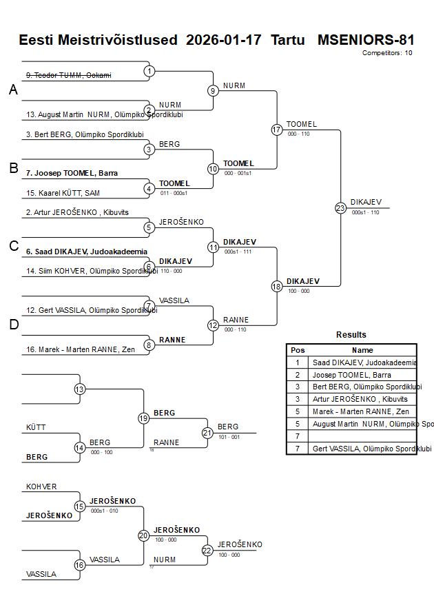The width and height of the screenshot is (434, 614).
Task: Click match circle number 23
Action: (340, 208)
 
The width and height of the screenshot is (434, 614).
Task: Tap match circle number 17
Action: (277, 130)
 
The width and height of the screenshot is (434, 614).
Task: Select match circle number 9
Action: (213, 90)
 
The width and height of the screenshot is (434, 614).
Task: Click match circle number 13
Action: (79, 389)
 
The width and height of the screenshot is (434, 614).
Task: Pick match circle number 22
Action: (207, 550)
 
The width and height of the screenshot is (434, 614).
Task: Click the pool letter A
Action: (13, 90)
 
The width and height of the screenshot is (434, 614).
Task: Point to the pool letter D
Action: (13, 325)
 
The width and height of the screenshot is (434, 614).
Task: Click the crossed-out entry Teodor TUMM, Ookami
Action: (68, 75)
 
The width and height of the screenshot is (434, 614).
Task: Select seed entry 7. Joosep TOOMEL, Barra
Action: (67, 173)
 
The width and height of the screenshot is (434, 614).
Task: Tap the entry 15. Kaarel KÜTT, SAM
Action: (63, 193)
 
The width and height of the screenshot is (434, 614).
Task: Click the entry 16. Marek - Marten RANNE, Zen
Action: (80, 349)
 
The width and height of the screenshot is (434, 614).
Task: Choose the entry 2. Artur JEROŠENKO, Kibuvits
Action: (77, 213)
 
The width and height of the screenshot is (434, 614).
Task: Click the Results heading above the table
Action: (351, 335)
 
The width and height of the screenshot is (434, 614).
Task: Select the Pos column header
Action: (298, 350)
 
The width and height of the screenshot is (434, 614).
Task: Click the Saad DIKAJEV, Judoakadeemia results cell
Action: (364, 362)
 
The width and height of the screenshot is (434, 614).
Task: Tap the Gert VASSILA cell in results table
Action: (364, 449)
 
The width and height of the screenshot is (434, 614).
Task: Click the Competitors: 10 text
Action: (387, 53)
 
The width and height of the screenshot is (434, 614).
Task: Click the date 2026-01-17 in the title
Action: (224, 40)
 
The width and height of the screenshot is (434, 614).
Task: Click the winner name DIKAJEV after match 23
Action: (363, 202)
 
